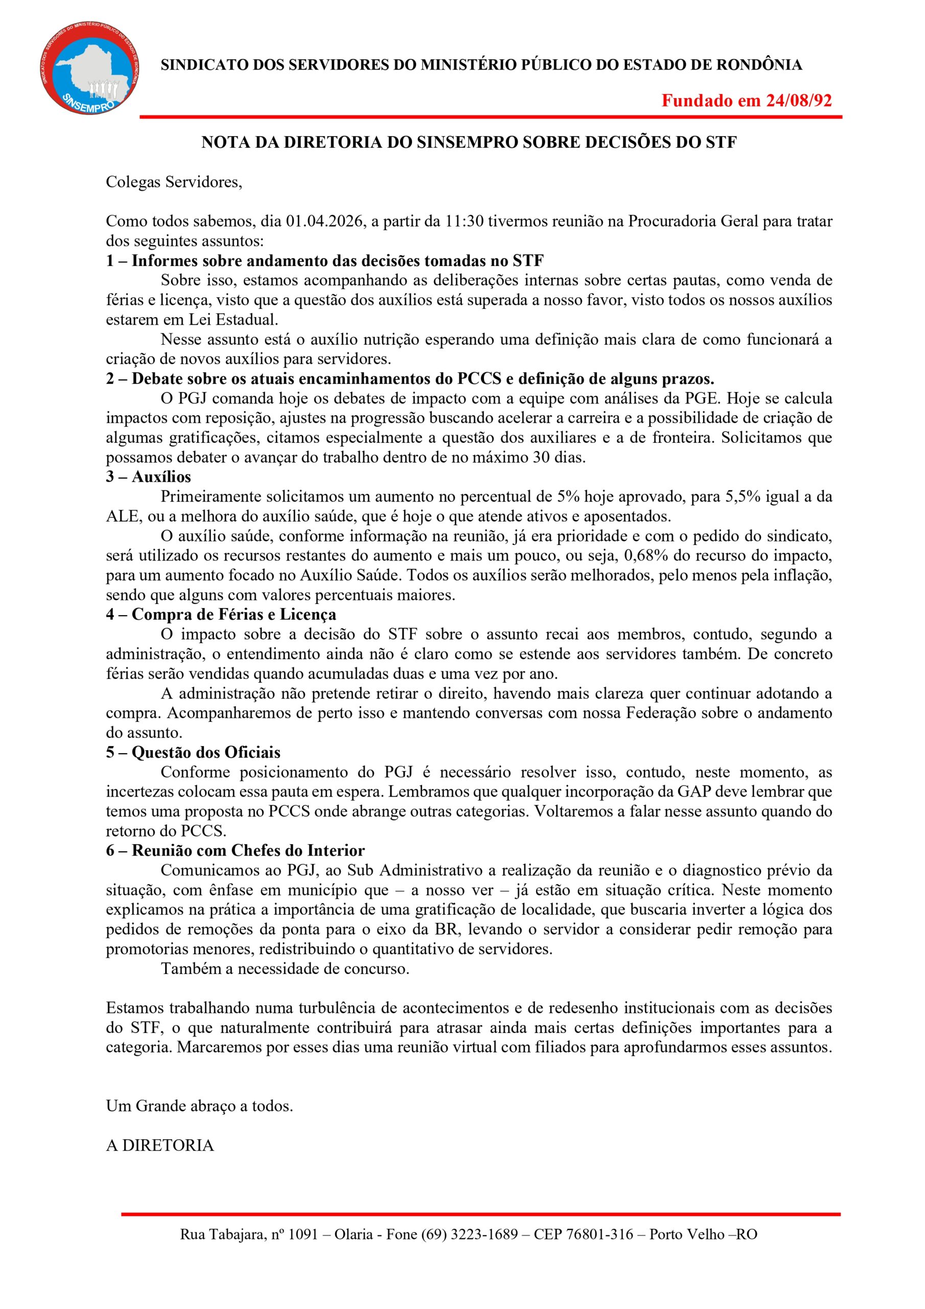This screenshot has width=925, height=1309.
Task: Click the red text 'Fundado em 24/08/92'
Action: tap(746, 101)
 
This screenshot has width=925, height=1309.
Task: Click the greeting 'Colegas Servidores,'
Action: tap(174, 183)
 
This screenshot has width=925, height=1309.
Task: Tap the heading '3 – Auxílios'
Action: tap(148, 477)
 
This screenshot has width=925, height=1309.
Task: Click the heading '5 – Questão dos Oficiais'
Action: tap(193, 753)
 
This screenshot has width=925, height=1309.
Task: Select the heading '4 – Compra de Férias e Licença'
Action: tap(221, 615)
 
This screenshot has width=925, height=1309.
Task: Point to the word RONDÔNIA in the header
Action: tap(758, 65)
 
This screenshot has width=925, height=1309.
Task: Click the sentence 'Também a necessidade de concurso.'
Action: tap(285, 968)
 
